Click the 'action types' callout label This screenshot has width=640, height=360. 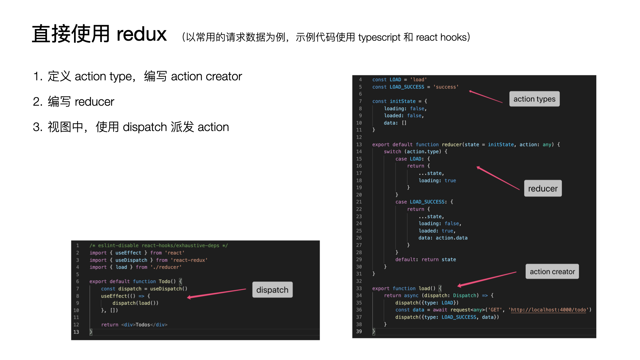tap(534, 99)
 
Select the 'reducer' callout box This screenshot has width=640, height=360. tap(543, 189)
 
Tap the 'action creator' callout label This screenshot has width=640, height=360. tap(552, 272)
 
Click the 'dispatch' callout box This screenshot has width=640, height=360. tap(272, 290)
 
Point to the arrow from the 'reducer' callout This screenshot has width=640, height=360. tap(498, 178)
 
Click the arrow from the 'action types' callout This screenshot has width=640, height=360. tap(486, 97)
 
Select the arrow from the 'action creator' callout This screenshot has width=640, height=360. tap(487, 279)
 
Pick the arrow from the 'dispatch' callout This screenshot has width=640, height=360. tap(217, 293)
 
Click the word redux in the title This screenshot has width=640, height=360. tap(141, 34)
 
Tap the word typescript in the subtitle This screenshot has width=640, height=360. tap(379, 37)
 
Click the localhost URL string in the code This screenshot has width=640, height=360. tap(548, 310)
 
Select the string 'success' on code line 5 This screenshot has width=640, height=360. tap(446, 87)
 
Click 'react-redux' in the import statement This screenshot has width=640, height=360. tap(189, 260)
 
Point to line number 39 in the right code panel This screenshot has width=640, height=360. tap(359, 332)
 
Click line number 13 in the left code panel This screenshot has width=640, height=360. tap(76, 332)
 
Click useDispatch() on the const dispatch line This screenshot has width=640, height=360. tap(169, 289)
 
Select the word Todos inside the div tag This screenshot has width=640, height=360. tap(143, 325)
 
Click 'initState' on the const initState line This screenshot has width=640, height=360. tap(403, 101)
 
